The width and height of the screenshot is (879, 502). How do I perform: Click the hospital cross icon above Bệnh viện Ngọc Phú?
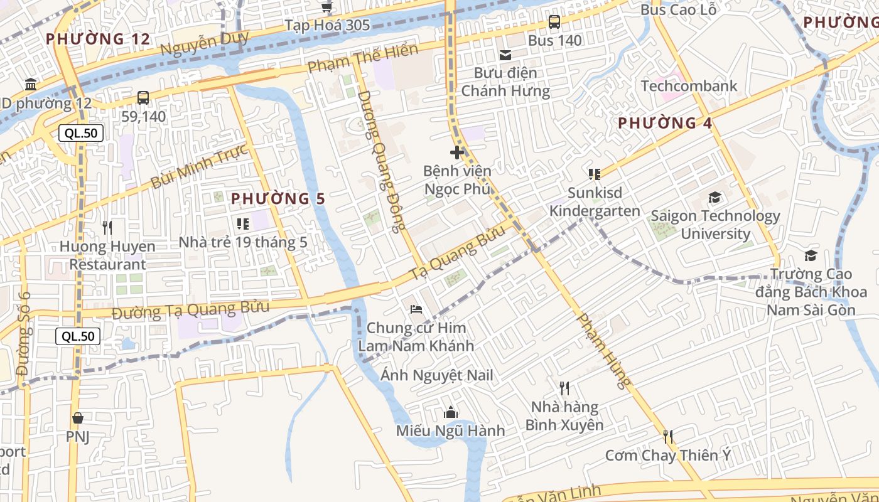coord(457,152)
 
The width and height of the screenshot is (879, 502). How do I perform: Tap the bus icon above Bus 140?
coord(554,22)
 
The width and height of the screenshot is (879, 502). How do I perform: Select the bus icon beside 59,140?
coord(143,98)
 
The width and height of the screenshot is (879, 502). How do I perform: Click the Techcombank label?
coord(689,86)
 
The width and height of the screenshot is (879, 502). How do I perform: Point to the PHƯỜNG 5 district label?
coord(278,199)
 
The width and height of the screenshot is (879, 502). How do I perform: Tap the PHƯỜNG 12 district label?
coord(98,39)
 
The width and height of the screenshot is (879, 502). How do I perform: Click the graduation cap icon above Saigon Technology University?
coord(715,198)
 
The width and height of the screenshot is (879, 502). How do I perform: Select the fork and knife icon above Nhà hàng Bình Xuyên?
coord(564,388)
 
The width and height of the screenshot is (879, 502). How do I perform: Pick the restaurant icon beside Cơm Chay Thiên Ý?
coord(667,436)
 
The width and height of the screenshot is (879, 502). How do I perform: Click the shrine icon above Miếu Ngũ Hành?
coord(450,412)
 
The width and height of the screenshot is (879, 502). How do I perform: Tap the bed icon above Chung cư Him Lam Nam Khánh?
coord(416,309)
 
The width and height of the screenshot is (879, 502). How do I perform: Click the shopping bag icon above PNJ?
coord(78,418)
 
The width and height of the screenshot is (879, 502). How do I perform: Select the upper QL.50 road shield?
coord(81,133)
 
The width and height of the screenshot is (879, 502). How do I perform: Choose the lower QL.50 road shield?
coord(78,336)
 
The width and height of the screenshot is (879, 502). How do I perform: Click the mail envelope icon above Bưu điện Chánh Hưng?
coord(505,55)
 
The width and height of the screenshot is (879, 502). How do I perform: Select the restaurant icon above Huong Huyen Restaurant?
coord(107,227)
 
